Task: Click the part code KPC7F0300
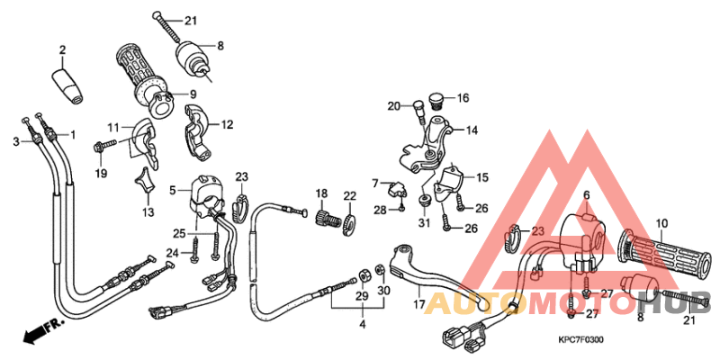[580, 339]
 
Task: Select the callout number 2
[63, 49]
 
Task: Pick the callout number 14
[471, 130]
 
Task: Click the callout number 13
[148, 211]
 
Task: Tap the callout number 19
[101, 173]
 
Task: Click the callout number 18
[319, 194]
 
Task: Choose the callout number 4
[363, 323]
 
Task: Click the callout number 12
[227, 125]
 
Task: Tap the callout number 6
[585, 195]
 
